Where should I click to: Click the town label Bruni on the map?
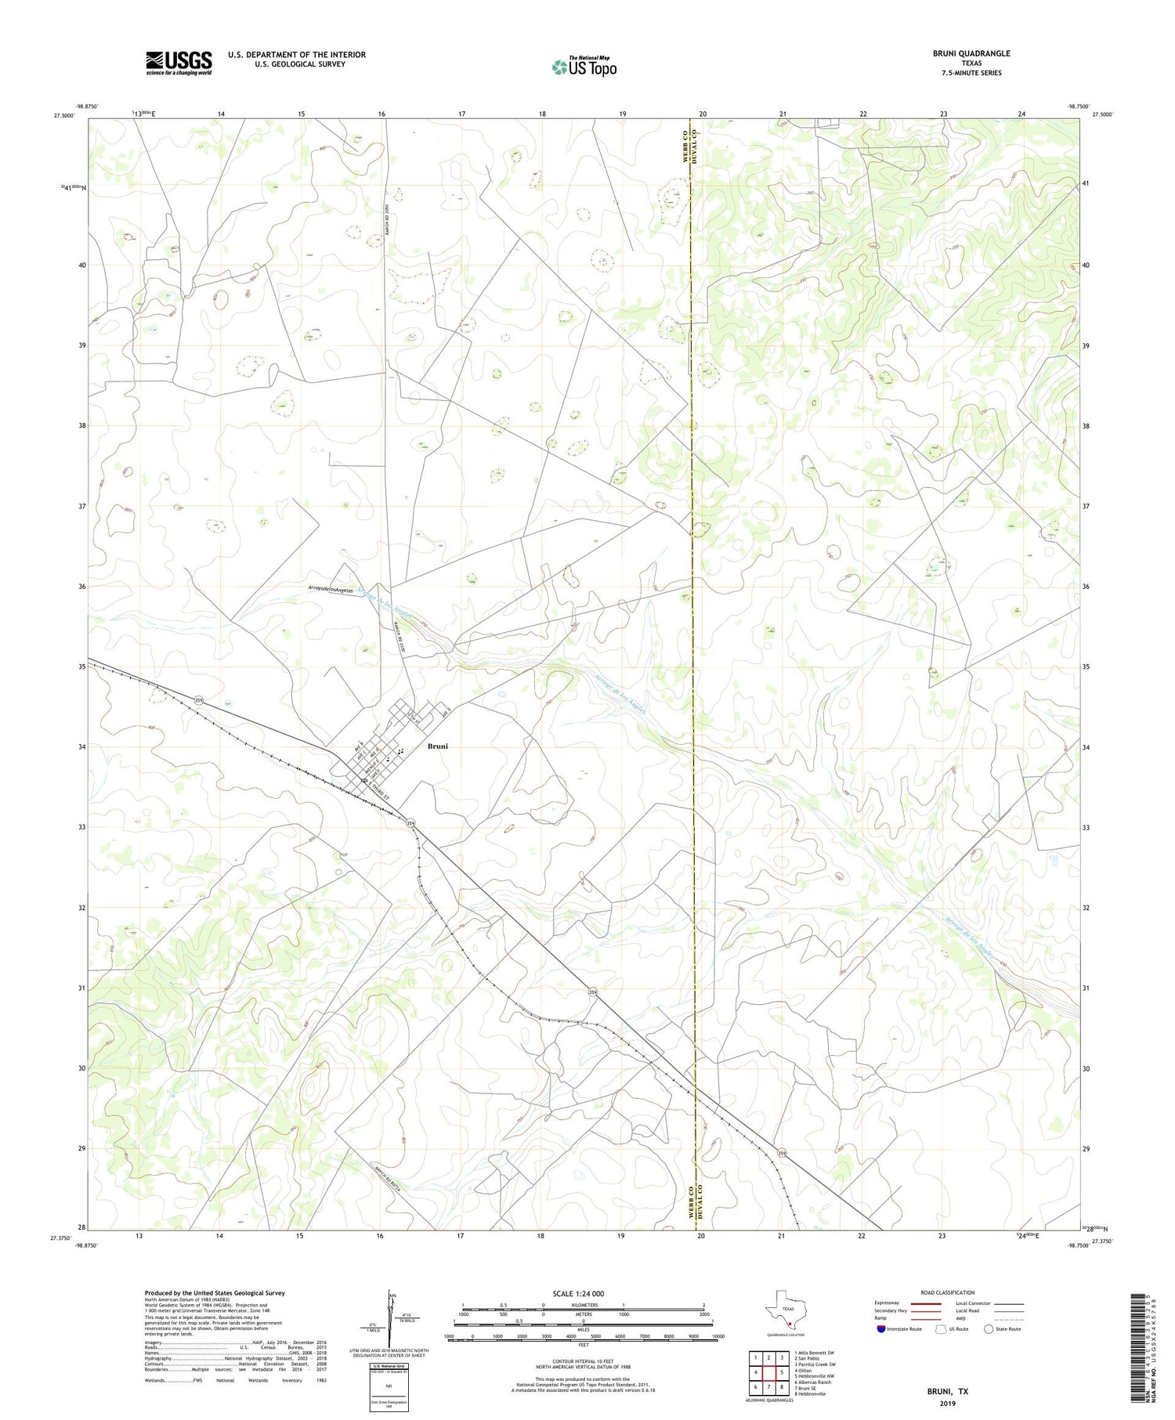[437, 746]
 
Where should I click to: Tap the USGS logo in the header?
[179, 63]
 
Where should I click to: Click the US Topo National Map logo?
[584, 67]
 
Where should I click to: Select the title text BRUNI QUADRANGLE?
[971, 53]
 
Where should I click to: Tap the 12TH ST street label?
[414, 715]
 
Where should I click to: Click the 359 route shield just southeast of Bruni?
[410, 822]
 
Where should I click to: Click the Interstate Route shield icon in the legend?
[880, 1329]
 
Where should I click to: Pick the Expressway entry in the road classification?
[888, 1303]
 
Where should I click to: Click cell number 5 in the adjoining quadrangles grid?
[782, 1372]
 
